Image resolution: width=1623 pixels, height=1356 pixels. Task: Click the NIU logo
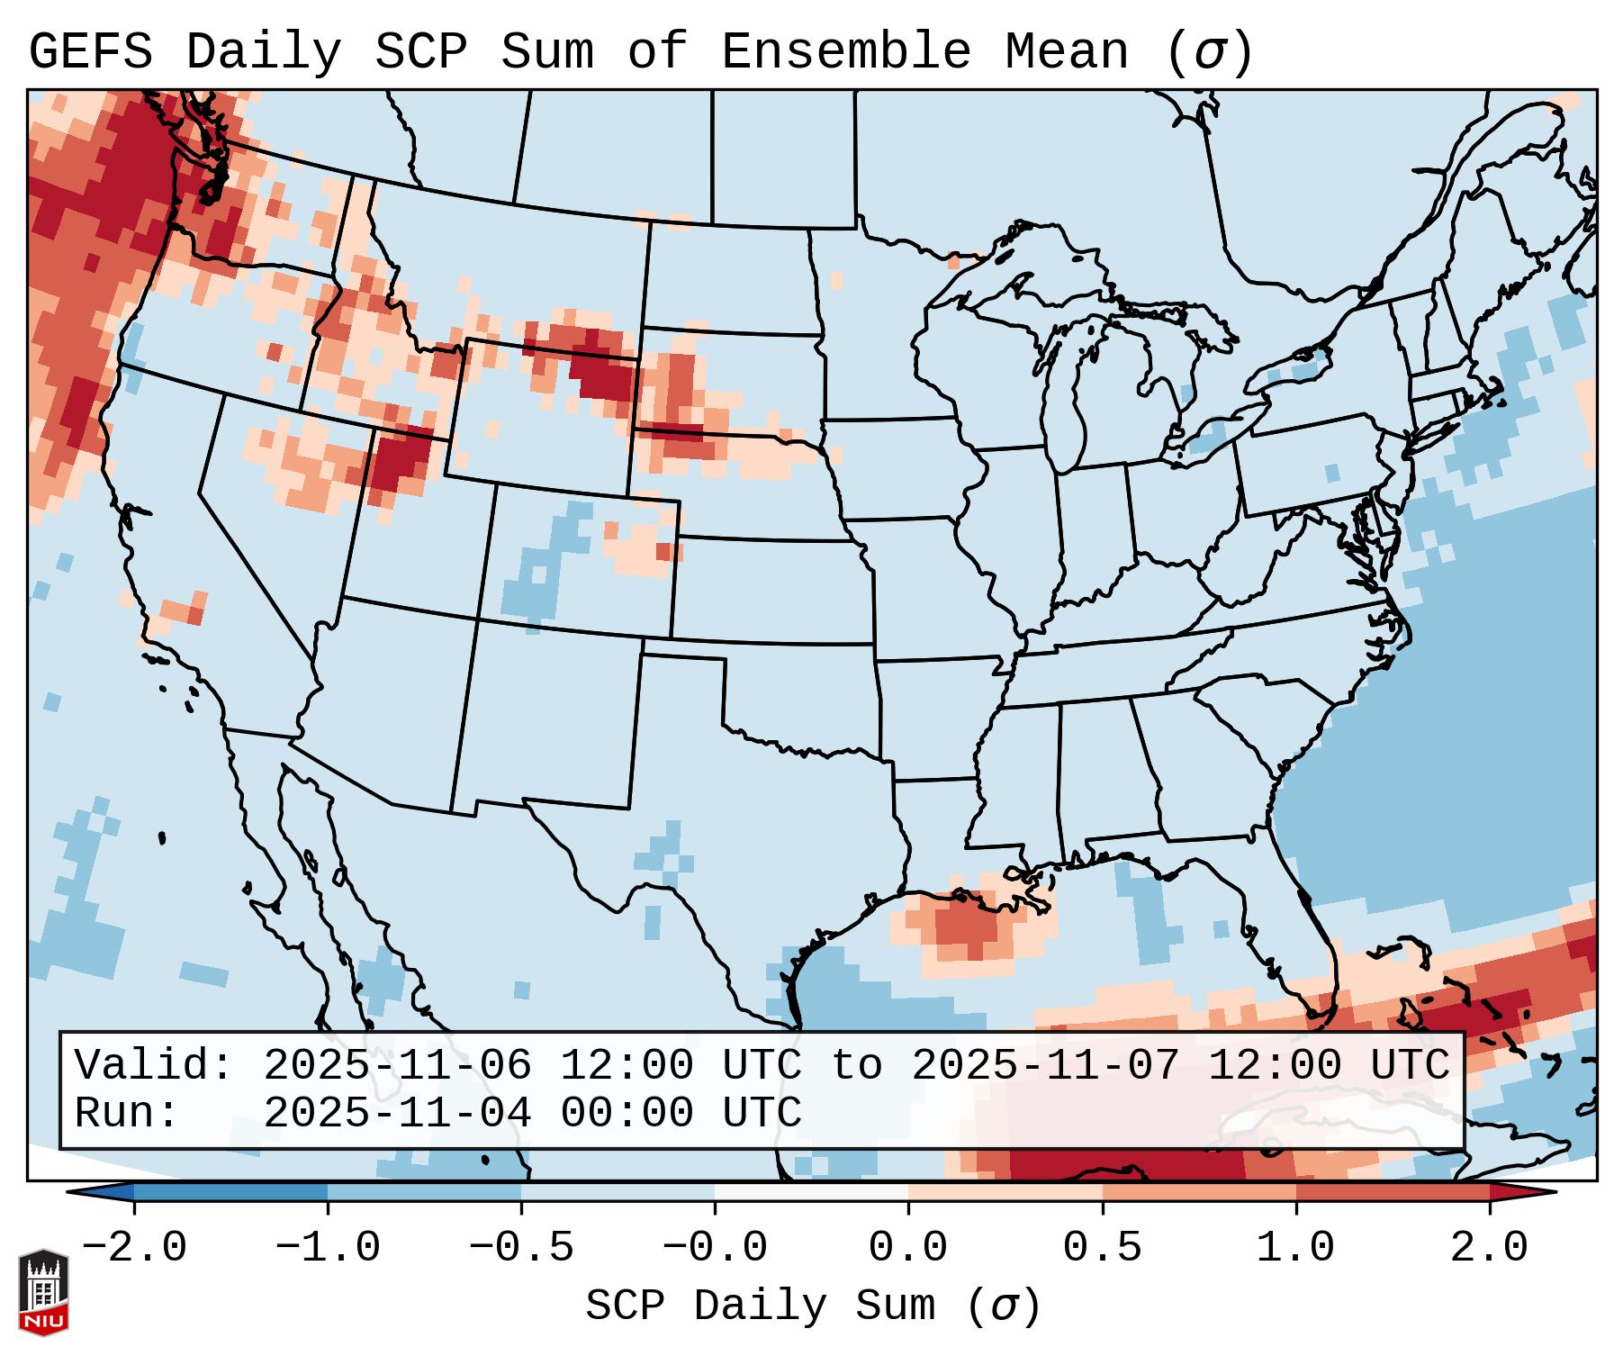click(x=43, y=1291)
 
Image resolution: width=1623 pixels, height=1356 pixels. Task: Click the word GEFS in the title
click(x=90, y=52)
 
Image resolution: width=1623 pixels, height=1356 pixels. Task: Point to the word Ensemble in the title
click(x=845, y=52)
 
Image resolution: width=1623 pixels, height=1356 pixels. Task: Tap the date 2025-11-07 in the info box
click(x=1045, y=1065)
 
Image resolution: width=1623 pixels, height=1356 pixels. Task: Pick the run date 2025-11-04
click(x=397, y=1113)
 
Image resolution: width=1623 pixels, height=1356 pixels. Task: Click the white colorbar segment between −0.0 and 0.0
click(x=811, y=1192)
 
